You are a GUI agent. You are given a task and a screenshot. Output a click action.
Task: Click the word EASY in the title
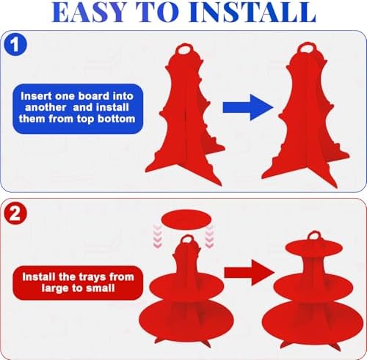89,12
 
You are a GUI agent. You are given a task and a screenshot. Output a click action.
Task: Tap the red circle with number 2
15,214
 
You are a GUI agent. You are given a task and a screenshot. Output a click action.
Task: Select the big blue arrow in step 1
248,108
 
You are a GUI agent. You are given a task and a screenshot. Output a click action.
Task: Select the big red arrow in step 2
250,273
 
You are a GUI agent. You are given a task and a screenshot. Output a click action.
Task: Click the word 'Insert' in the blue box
37,96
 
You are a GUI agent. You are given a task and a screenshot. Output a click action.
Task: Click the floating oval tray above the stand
186,220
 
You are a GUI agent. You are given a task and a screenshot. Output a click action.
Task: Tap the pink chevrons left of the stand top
158,237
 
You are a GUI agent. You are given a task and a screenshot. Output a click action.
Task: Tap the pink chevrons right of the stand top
209,237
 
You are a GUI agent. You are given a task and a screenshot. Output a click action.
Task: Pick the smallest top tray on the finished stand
314,247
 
